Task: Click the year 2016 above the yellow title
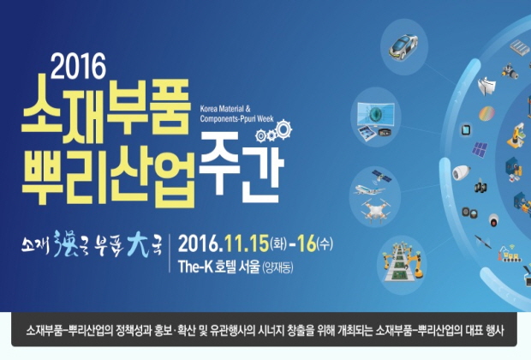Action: coord(78,66)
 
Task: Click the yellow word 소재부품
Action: coord(105,109)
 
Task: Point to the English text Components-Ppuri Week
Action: coord(236,118)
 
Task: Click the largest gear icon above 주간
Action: coord(283,129)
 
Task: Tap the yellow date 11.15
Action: coord(246,243)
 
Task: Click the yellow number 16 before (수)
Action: coord(306,243)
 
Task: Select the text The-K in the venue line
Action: coord(195,267)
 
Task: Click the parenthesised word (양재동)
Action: coord(277,267)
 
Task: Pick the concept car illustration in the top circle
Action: coord(403,46)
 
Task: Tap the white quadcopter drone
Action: coord(376,210)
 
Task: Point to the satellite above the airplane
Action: coord(382,177)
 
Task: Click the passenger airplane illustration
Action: coord(368,189)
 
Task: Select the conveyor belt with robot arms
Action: coord(403,262)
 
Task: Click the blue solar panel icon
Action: coord(480,149)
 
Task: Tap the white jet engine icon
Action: coord(461,172)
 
